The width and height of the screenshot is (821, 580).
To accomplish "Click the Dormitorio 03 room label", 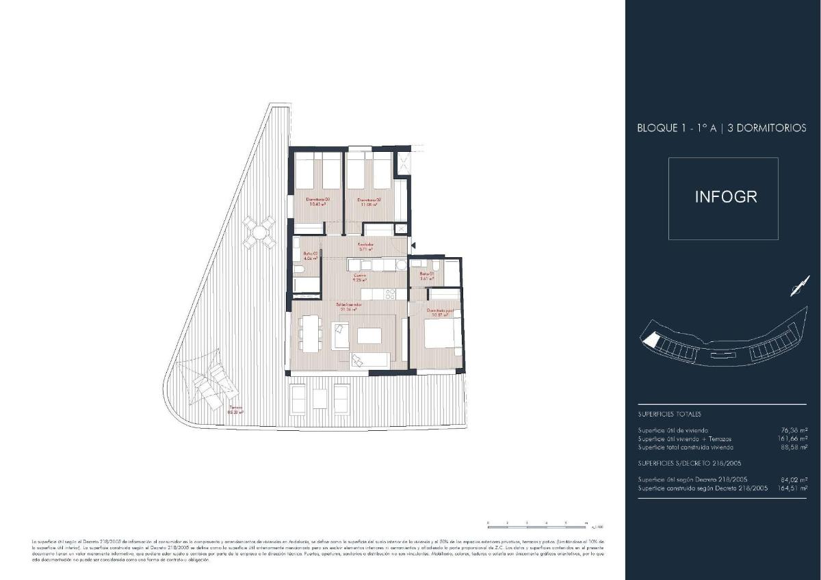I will point(318,202).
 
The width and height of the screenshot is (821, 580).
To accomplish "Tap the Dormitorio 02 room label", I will point(369,202).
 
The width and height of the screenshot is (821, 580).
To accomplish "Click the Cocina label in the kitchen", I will point(359,277).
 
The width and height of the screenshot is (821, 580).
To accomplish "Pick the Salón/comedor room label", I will point(348,306).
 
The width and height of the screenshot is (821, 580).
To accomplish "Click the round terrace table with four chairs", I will point(259,233).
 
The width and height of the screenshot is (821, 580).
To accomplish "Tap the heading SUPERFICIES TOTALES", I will point(669,414).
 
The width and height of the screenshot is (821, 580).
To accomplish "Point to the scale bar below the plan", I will point(537,523).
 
